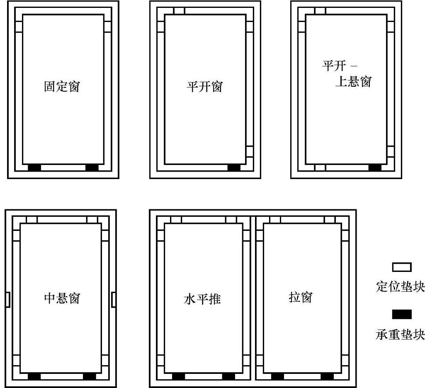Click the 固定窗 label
pyautogui.click(x=62, y=87)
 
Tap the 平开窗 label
pyautogui.click(x=204, y=87)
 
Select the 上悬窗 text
pyautogui.click(x=353, y=82)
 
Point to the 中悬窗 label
pyautogui.click(x=62, y=298)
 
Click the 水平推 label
pyautogui.click(x=202, y=299)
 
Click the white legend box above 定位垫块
pyautogui.click(x=405, y=267)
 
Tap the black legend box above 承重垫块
pyautogui.click(x=405, y=315)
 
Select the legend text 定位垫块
pyautogui.click(x=401, y=287)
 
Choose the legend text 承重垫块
pyautogui.click(x=401, y=335)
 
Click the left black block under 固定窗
pyautogui.click(x=34, y=168)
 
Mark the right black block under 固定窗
pyautogui.click(x=92, y=168)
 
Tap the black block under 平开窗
pyautogui.click(x=234, y=168)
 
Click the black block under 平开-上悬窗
pyautogui.click(x=375, y=168)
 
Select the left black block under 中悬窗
pyautogui.click(x=34, y=376)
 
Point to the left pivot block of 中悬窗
pyautogui.click(x=7, y=300)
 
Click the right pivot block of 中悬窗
pyautogui.click(x=114, y=300)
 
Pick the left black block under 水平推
pyautogui.click(x=178, y=376)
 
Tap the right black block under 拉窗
pyautogui.click(x=327, y=376)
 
